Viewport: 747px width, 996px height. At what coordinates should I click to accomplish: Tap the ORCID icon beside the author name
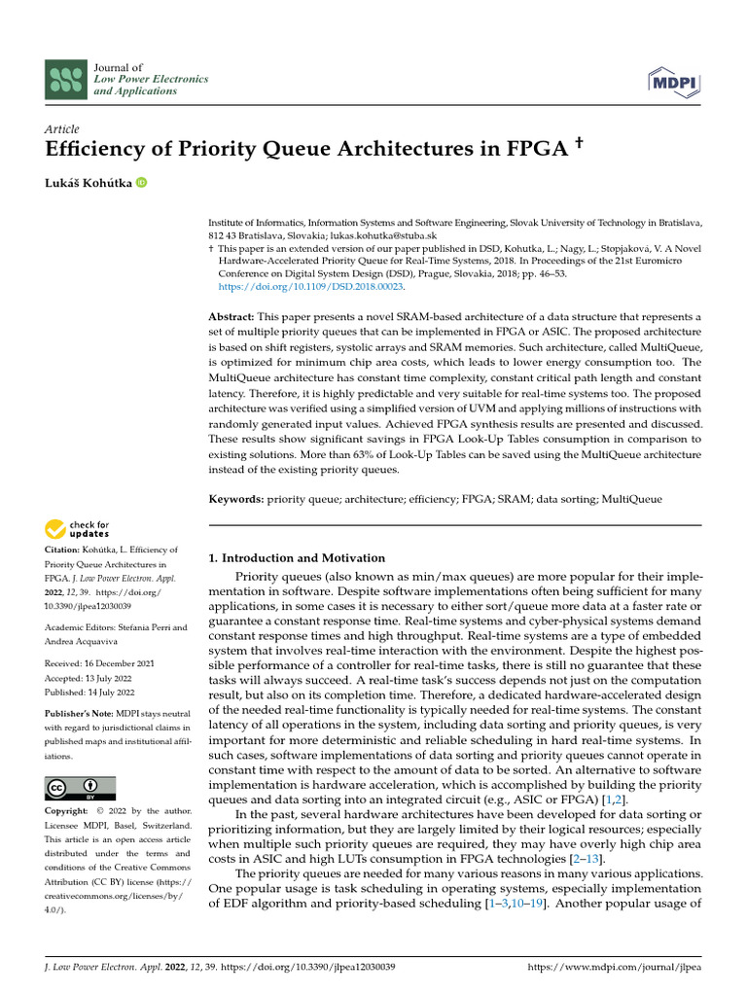(x=142, y=182)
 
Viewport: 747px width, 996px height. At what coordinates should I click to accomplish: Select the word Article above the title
(x=62, y=128)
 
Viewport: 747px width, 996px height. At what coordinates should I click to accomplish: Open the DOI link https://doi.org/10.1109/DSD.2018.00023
(x=310, y=287)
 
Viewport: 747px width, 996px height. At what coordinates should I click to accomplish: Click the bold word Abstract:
(x=232, y=318)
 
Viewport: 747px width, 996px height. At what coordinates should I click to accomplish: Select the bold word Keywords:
(x=236, y=499)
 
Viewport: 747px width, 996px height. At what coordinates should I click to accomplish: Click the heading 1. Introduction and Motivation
(x=298, y=558)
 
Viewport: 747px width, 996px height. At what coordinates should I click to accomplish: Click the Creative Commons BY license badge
(x=80, y=788)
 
